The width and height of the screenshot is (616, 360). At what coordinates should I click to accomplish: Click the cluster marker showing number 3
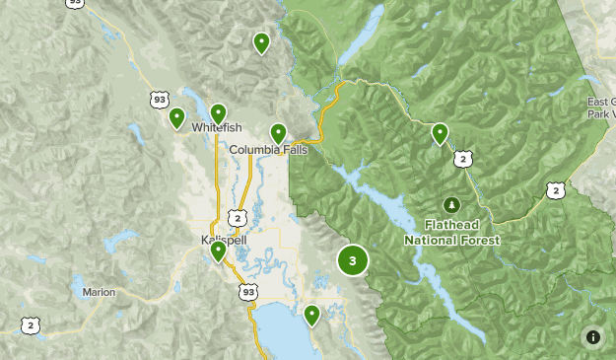click(x=353, y=260)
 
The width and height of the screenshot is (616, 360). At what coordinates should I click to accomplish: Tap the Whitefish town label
click(x=216, y=128)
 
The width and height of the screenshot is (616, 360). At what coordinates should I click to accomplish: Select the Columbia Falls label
click(x=269, y=150)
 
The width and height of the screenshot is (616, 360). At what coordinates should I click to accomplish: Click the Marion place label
click(x=99, y=292)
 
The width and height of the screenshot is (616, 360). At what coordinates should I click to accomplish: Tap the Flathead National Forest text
click(x=451, y=233)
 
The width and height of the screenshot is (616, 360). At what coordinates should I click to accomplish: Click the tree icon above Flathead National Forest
click(x=451, y=204)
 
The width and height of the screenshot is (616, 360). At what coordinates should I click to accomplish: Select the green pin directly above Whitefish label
click(x=218, y=113)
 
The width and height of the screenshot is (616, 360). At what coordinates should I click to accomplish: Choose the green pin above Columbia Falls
click(x=278, y=132)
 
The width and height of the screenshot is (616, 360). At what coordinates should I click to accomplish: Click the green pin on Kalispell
click(x=218, y=252)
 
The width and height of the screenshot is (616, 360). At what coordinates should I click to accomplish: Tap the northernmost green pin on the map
click(x=261, y=42)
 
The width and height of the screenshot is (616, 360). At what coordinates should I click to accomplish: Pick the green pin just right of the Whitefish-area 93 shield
click(x=176, y=117)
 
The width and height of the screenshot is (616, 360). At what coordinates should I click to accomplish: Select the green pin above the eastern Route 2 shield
click(x=440, y=133)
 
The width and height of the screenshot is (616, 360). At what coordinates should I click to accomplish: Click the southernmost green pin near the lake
click(x=311, y=315)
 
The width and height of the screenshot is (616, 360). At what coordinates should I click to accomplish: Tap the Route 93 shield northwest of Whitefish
click(x=160, y=99)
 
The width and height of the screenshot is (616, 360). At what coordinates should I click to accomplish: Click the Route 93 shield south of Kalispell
click(x=247, y=292)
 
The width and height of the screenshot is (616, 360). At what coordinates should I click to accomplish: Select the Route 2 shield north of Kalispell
click(x=237, y=217)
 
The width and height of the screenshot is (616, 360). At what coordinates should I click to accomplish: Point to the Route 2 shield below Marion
click(x=32, y=325)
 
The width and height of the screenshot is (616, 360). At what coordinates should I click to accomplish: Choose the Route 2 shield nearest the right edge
click(x=557, y=190)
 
